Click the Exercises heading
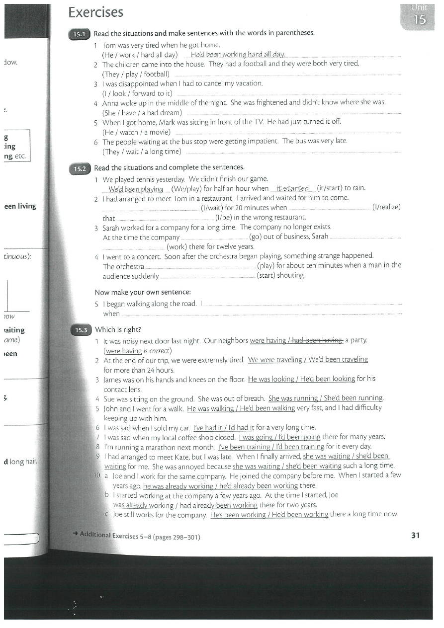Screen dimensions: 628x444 96,12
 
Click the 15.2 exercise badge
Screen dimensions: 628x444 80,168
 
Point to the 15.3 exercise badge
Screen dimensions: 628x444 80,330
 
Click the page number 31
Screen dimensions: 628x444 416,535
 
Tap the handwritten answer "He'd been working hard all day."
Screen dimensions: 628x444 238,54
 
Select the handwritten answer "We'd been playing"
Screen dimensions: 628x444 136,189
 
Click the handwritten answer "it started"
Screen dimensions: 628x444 292,188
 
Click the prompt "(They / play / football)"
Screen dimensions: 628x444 136,74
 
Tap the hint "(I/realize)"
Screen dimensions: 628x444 386,207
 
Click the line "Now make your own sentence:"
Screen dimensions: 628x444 143,292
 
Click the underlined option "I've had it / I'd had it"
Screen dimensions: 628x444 224,427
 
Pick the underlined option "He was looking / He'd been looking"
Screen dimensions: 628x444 301,379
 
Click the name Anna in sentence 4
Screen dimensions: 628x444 111,103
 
